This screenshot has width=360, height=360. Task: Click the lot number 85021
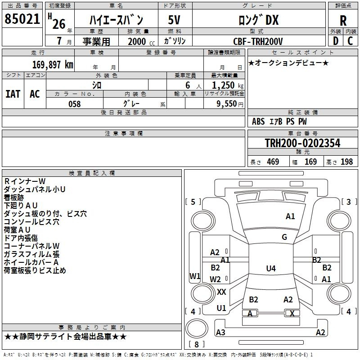22,19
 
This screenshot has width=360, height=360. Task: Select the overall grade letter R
343,21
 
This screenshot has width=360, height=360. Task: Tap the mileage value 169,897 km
53,65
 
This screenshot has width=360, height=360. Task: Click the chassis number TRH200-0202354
302,143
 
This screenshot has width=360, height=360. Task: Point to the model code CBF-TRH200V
258,41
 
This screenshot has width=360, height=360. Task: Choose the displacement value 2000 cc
141,41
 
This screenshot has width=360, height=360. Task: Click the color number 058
75,104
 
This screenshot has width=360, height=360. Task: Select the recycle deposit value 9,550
227,104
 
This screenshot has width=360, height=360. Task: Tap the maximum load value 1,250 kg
228,85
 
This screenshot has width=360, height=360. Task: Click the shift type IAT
13,94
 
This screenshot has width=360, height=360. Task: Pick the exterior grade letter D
336,41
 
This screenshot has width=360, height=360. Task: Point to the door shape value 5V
174,20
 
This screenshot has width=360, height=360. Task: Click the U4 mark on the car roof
271,268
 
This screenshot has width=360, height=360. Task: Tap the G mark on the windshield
284,237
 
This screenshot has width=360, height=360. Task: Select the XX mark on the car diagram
221,292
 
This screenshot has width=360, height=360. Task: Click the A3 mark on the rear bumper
220,332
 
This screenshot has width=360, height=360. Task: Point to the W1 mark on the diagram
195,276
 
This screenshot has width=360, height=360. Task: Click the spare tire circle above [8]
197,328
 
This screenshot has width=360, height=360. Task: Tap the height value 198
346,162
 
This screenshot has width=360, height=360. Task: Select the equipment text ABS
258,121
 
